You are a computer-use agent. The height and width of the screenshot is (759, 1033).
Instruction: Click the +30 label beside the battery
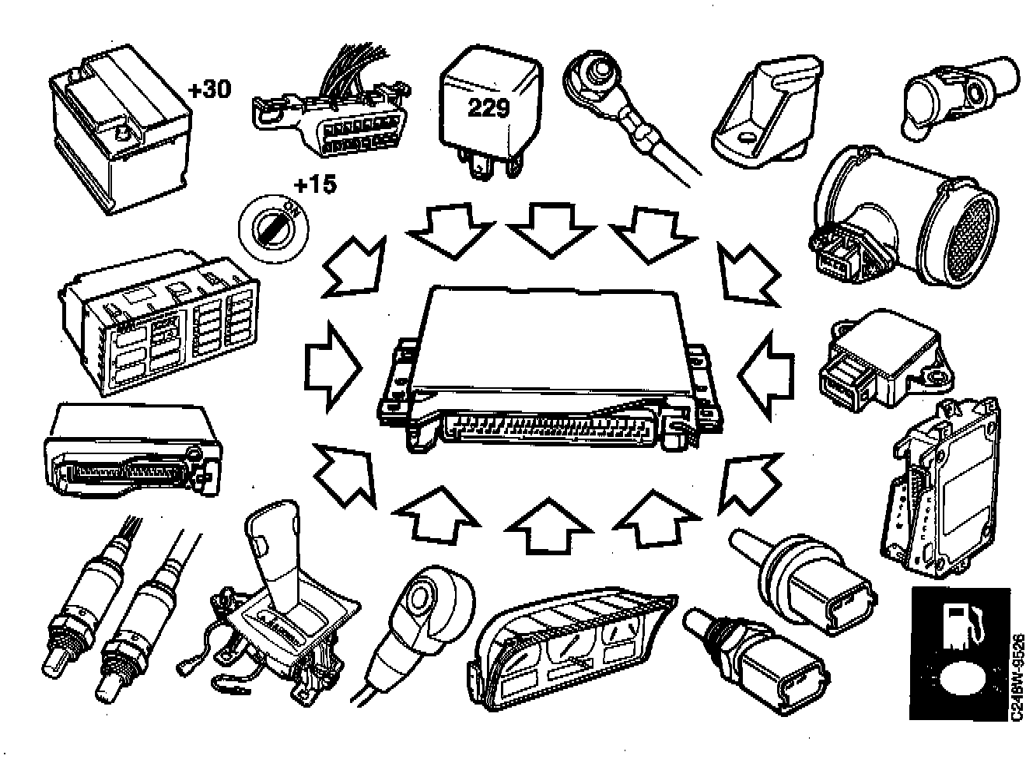point(209,90)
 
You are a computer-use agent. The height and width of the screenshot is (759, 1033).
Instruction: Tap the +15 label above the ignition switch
point(316,185)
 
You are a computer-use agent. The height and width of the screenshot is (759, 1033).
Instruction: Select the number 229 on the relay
point(488,108)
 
